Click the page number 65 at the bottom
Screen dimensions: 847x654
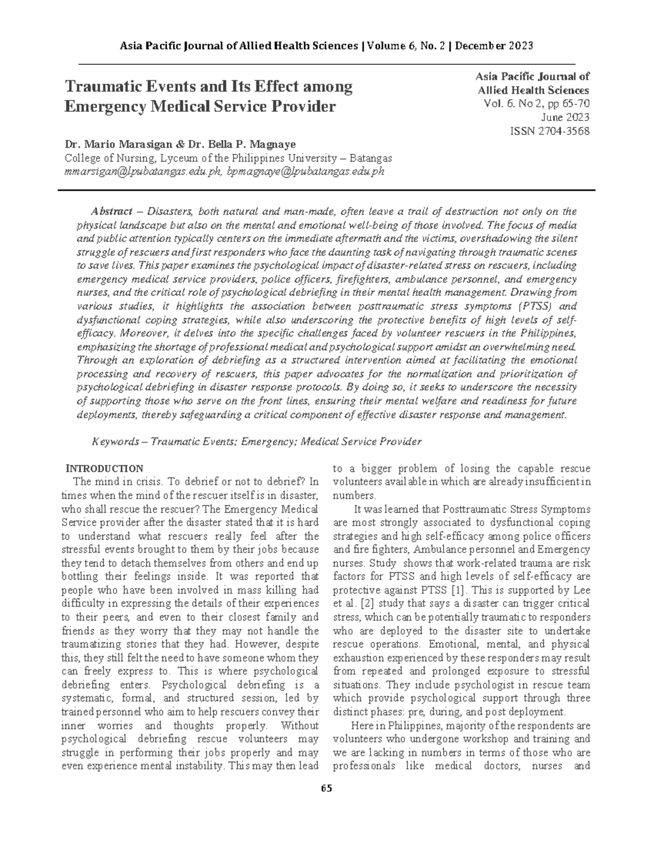click(326, 788)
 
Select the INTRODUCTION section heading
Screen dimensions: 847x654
click(104, 468)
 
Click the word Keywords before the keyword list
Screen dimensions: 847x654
click(115, 441)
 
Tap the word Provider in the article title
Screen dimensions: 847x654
click(302, 106)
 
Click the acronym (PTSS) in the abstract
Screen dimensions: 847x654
click(534, 305)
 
